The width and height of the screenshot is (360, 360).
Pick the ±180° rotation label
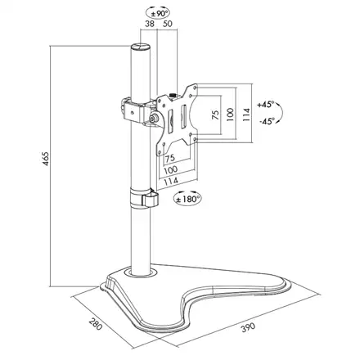coord(190,197)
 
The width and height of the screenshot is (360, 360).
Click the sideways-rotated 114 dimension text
coord(245,114)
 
